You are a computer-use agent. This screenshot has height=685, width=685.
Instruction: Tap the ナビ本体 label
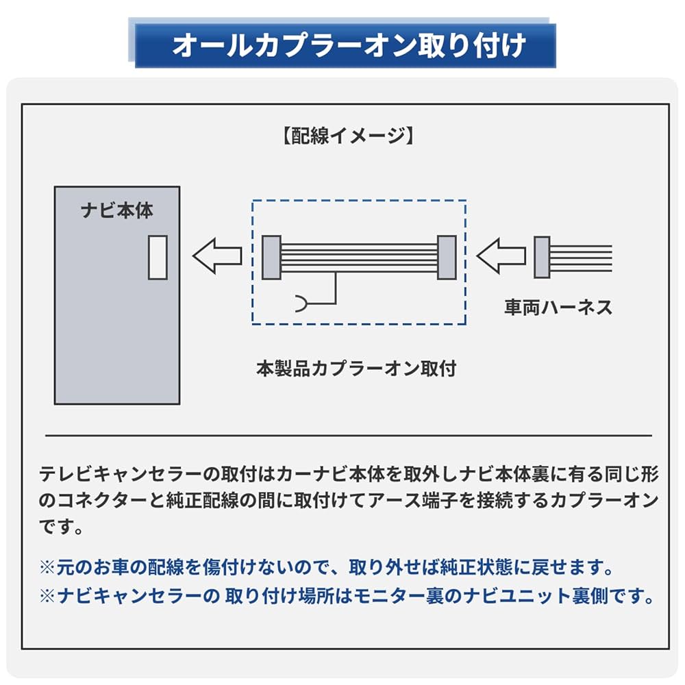(117, 210)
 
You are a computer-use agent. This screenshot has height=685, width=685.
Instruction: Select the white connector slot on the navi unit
(158, 257)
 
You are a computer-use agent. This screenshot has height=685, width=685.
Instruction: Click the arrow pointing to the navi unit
(216, 256)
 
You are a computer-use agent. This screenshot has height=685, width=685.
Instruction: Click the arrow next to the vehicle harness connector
(500, 257)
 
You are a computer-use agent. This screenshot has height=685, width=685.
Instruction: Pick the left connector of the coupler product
(271, 257)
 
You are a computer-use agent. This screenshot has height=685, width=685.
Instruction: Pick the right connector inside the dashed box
(447, 257)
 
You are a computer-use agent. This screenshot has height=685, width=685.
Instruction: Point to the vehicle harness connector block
(542, 257)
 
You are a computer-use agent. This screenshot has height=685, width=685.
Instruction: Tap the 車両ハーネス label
(558, 308)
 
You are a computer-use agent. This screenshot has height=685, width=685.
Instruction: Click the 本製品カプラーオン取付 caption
(356, 369)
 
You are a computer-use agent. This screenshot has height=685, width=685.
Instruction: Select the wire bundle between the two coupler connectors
(359, 257)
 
